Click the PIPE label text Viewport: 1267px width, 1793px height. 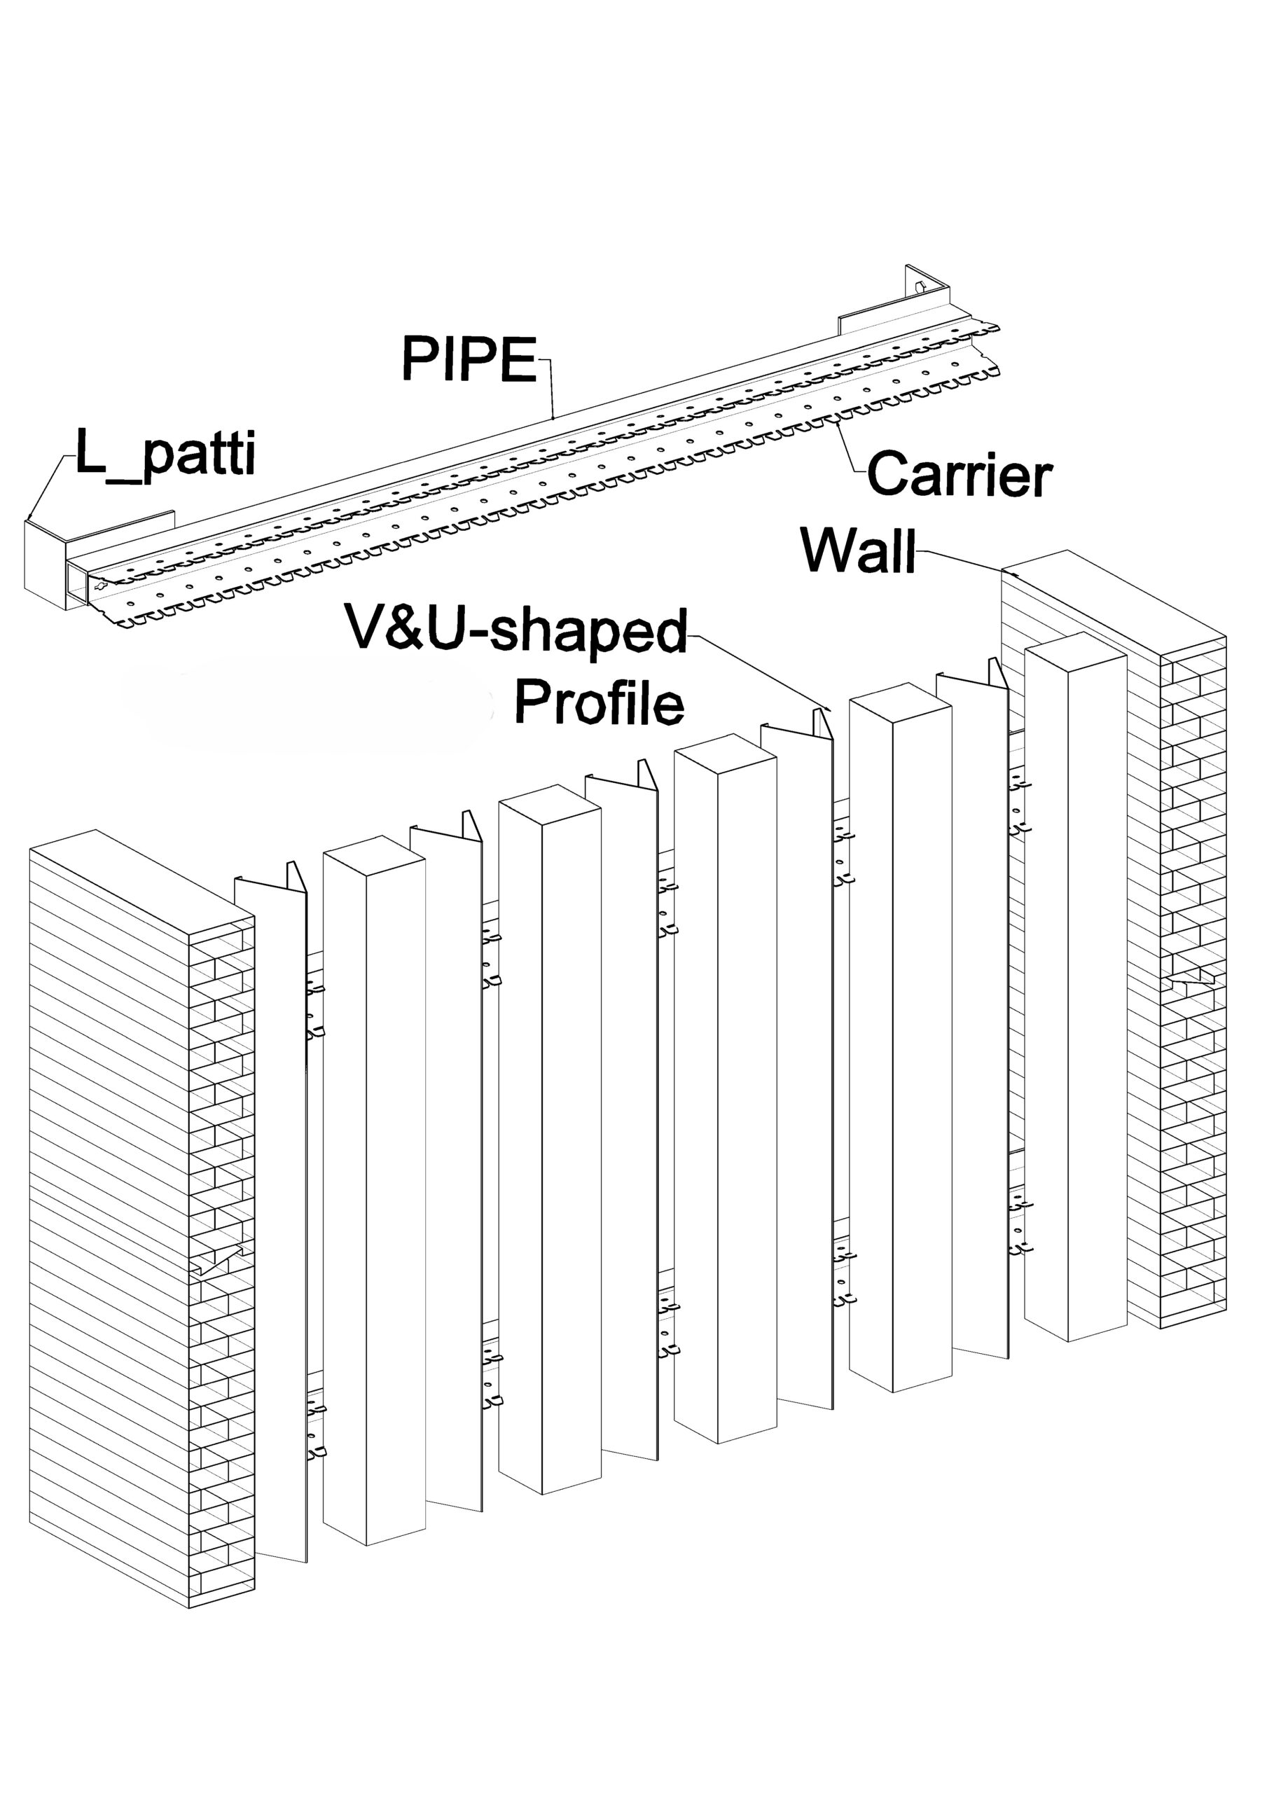point(469,359)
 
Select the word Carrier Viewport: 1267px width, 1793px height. point(960,474)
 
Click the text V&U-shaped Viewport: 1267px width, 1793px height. point(516,631)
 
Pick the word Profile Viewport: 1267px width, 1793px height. point(599,702)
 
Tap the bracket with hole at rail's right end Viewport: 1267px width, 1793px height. point(927,289)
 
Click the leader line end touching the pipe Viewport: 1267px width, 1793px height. point(553,418)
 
